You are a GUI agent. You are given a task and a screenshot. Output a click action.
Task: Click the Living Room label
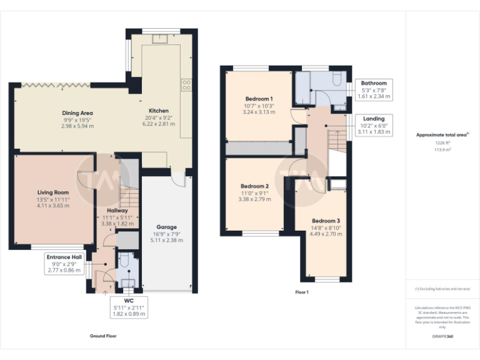[x=52, y=192]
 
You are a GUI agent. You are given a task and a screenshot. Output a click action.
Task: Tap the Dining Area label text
[x=77, y=113]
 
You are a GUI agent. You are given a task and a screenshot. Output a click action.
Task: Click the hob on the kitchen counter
[x=186, y=84]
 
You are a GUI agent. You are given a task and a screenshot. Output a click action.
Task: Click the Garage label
[x=166, y=227]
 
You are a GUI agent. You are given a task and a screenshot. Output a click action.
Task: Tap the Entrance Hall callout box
[x=64, y=263]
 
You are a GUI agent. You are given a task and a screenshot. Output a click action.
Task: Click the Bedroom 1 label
[x=258, y=99]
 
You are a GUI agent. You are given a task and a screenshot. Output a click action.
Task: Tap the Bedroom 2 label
[x=255, y=186]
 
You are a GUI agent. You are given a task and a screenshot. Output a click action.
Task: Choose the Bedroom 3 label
[x=326, y=221]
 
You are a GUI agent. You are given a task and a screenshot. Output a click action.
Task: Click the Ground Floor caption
[x=103, y=336]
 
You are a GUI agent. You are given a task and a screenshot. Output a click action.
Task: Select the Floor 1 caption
[x=302, y=292]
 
